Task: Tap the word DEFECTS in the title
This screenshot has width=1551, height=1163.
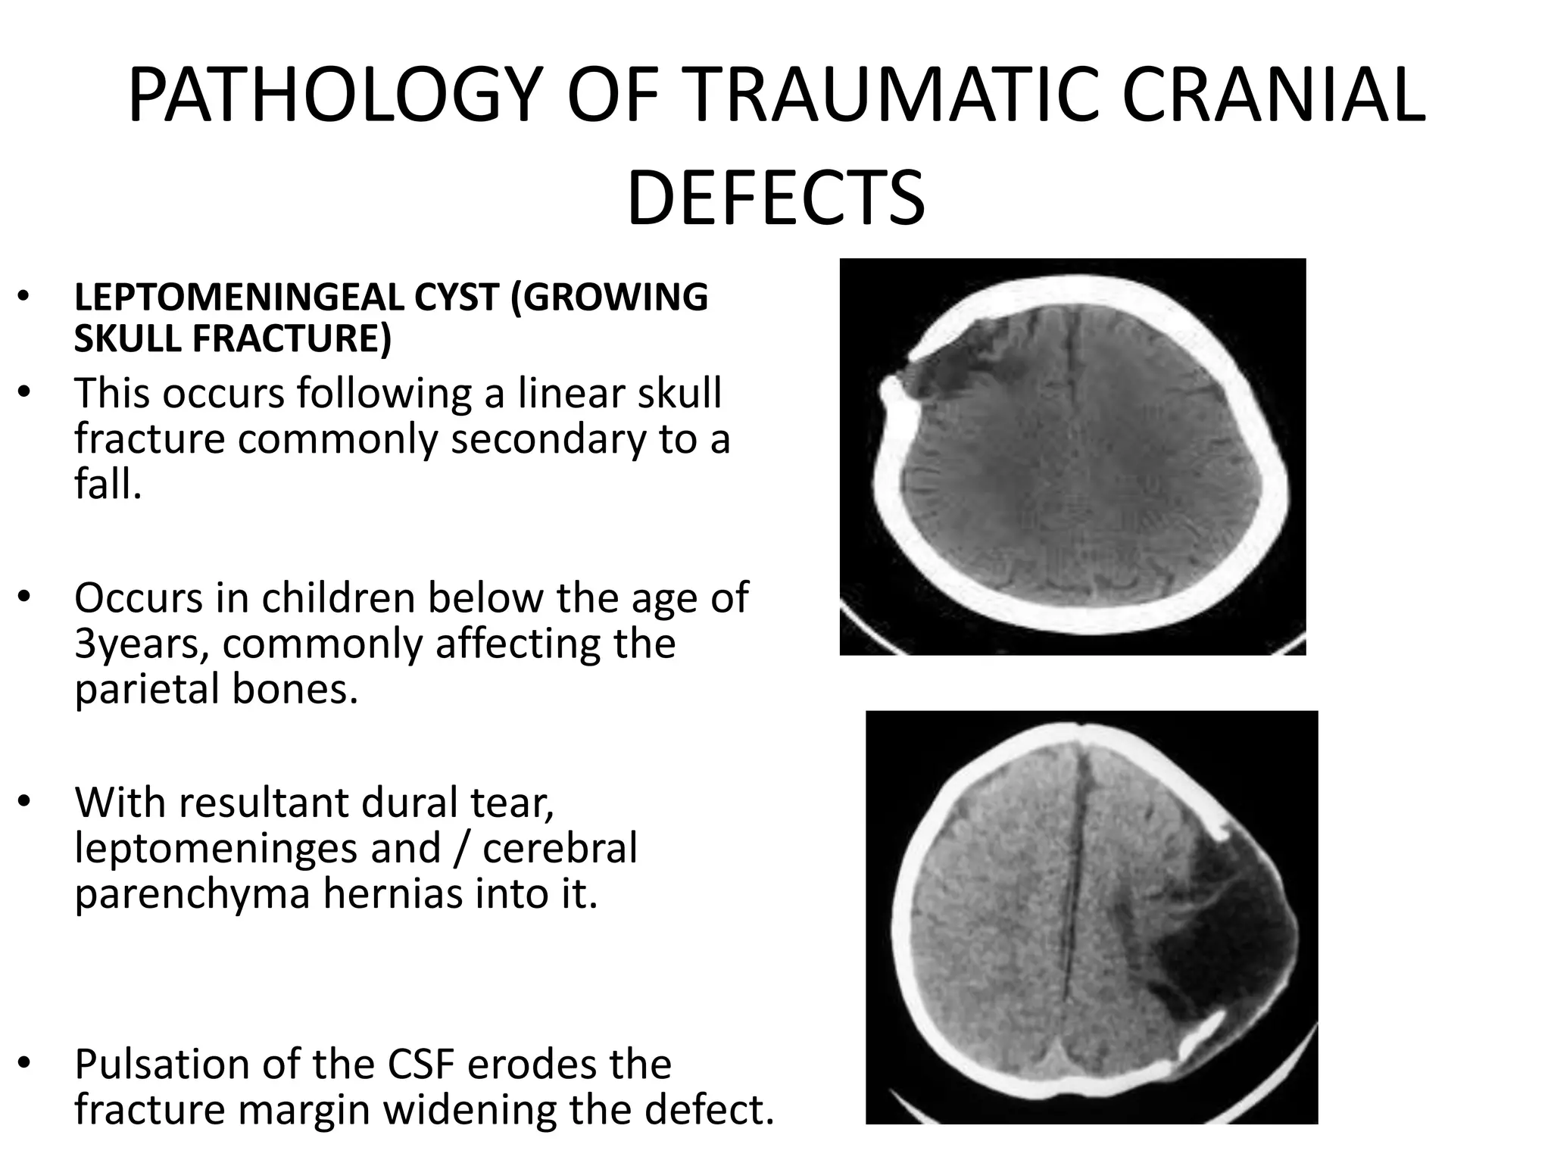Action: tap(775, 198)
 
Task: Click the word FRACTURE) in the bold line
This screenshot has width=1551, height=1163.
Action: tap(292, 338)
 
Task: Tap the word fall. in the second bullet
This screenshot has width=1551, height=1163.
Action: tap(108, 484)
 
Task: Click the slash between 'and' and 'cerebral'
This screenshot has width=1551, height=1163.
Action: tap(461, 849)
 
